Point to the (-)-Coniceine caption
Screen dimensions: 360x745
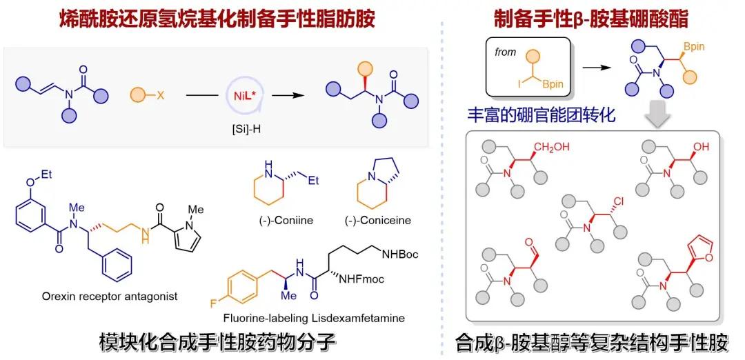[x=377, y=220]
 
